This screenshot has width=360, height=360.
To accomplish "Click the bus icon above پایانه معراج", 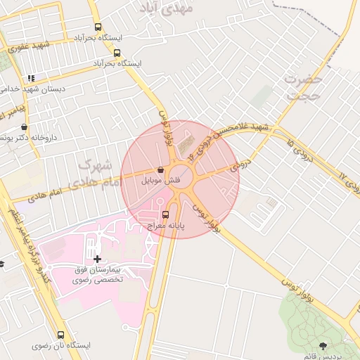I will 165,214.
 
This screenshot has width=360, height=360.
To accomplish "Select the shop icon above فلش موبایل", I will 161,170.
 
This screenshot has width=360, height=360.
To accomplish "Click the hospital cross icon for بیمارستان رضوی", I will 97,259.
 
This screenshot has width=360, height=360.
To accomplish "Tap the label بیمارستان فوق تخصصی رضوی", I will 98,274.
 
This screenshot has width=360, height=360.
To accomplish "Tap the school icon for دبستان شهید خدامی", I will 30,78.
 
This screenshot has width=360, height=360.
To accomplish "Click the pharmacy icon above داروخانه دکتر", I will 25,127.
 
